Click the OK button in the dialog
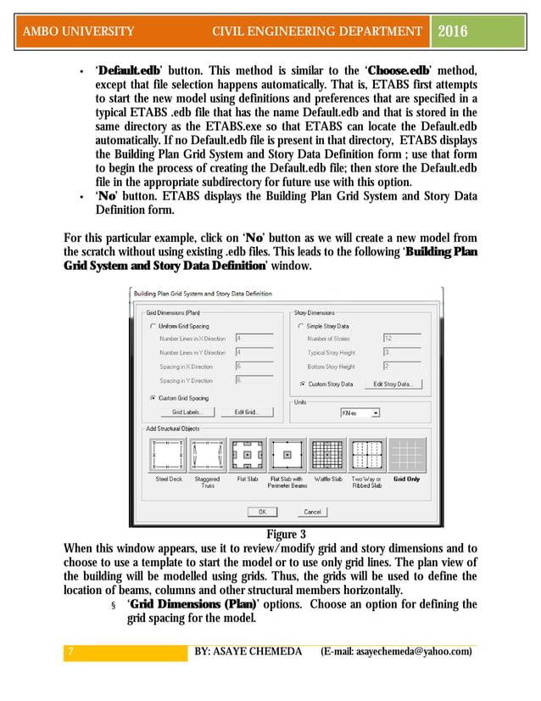[x=262, y=512]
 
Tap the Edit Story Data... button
[x=393, y=384]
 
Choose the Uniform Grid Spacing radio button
[x=153, y=326]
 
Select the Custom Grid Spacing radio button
[x=153, y=397]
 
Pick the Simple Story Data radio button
[x=301, y=326]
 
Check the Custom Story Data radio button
[x=301, y=384]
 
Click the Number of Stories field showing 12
[x=399, y=338]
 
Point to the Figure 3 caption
[x=286, y=535]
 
